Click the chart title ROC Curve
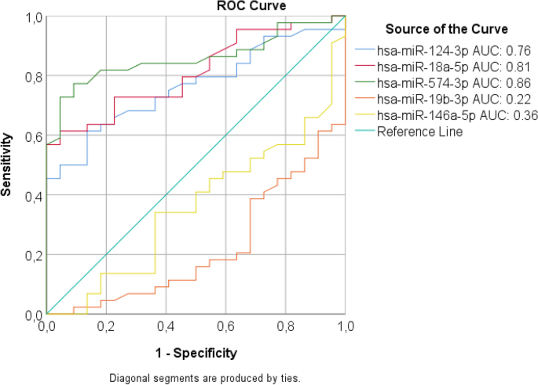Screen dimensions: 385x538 [x=251, y=6]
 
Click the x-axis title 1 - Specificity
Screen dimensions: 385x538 [x=196, y=352]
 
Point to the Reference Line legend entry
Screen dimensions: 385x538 [x=419, y=132]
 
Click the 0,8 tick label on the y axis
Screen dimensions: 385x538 [x=33, y=77]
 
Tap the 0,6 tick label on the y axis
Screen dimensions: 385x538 [x=33, y=136]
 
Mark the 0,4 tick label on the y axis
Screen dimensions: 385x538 [x=33, y=196]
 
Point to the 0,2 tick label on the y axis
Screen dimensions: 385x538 [x=33, y=256]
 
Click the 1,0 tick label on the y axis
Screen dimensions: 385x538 [x=33, y=17]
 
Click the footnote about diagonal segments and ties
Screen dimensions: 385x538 [x=204, y=376]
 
